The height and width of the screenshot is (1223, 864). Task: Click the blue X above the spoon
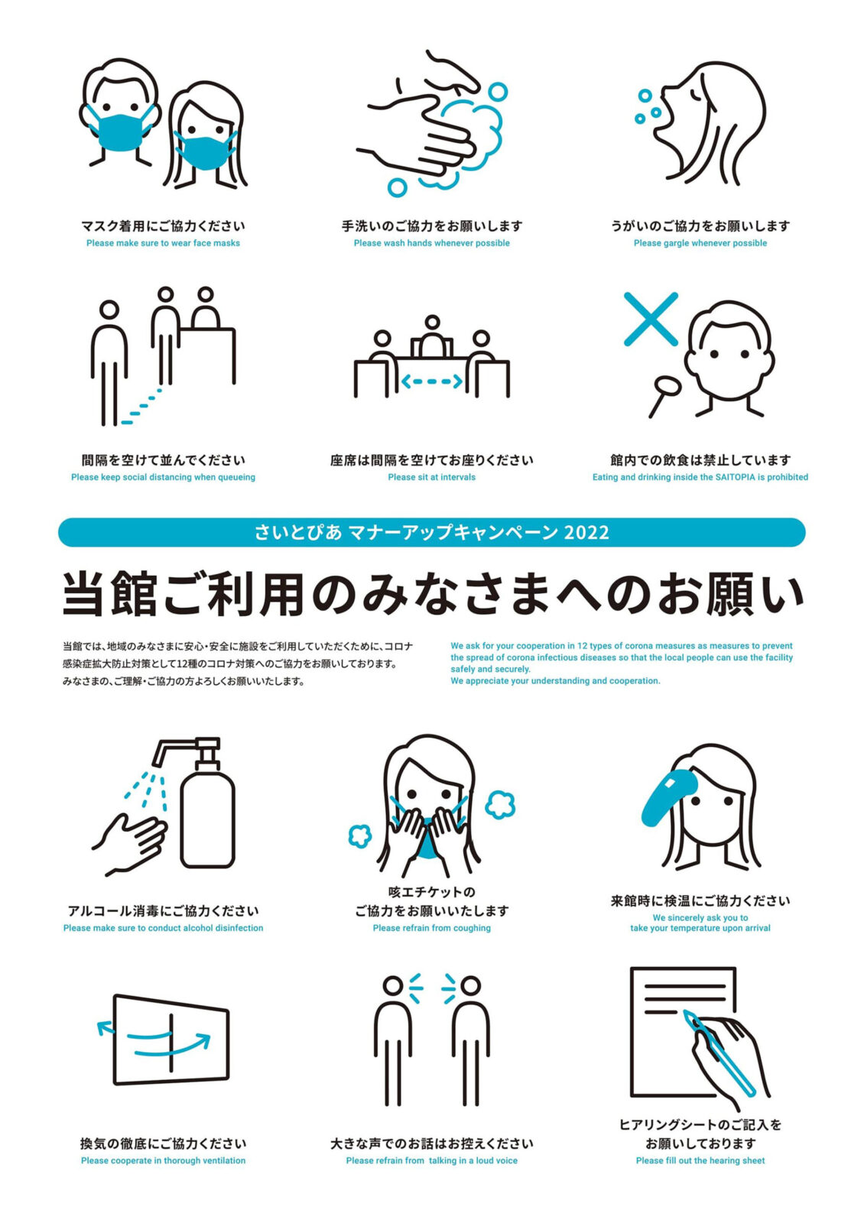coord(651,319)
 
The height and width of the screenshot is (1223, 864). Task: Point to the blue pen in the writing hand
coord(718,1053)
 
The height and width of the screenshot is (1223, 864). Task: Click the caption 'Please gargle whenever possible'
coord(700,243)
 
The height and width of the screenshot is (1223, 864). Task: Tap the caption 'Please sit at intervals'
coord(431,477)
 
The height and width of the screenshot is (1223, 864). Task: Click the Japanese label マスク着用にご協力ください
coord(163,225)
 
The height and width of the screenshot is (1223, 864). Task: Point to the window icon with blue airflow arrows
coord(171,1040)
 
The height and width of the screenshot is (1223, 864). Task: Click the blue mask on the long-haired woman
coord(206,153)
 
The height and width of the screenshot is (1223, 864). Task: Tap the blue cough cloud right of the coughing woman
coord(500,804)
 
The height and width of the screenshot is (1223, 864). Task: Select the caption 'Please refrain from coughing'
coord(431,928)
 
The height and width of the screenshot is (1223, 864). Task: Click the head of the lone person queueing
coord(109,310)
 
